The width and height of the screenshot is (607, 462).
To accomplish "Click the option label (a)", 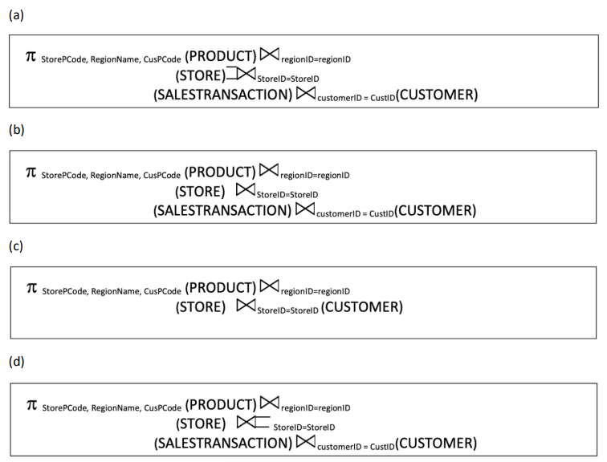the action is pos(16,15).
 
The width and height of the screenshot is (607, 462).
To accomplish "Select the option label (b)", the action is pos(16,129).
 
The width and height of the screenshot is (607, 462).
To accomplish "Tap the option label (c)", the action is pos(16,246).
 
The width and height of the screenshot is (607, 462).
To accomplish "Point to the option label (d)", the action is pos(16,362).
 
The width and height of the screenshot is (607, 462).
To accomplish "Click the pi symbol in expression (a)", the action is pos(31,56).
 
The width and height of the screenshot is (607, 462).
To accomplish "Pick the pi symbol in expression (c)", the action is pos(32,288).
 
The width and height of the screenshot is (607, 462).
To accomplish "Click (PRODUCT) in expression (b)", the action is pos(220,172).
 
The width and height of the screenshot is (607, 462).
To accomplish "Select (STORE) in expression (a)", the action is pos(200,75).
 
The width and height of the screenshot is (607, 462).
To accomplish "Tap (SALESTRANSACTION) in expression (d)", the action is pos(223,443).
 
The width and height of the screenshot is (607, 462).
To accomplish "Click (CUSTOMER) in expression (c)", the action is pos(362,307).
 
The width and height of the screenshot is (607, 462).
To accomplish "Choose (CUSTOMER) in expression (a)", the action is pos(437,95).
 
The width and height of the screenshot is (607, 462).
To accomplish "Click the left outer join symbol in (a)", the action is pos(241,74).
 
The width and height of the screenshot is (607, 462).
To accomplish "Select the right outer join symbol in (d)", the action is pos(253,422).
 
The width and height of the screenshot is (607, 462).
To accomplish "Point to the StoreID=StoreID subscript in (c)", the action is pos(287,310).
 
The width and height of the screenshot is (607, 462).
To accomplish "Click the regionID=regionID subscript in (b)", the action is pos(315,175).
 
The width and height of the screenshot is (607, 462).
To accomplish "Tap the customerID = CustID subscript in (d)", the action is pos(356,447).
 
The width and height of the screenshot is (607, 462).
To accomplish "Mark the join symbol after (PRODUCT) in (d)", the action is pos(270,403).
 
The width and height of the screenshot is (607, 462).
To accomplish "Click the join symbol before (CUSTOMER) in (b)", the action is pos(305,209).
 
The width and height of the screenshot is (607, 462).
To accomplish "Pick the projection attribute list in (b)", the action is pos(111,175).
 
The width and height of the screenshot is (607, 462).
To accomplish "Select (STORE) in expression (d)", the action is pos(201,423).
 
